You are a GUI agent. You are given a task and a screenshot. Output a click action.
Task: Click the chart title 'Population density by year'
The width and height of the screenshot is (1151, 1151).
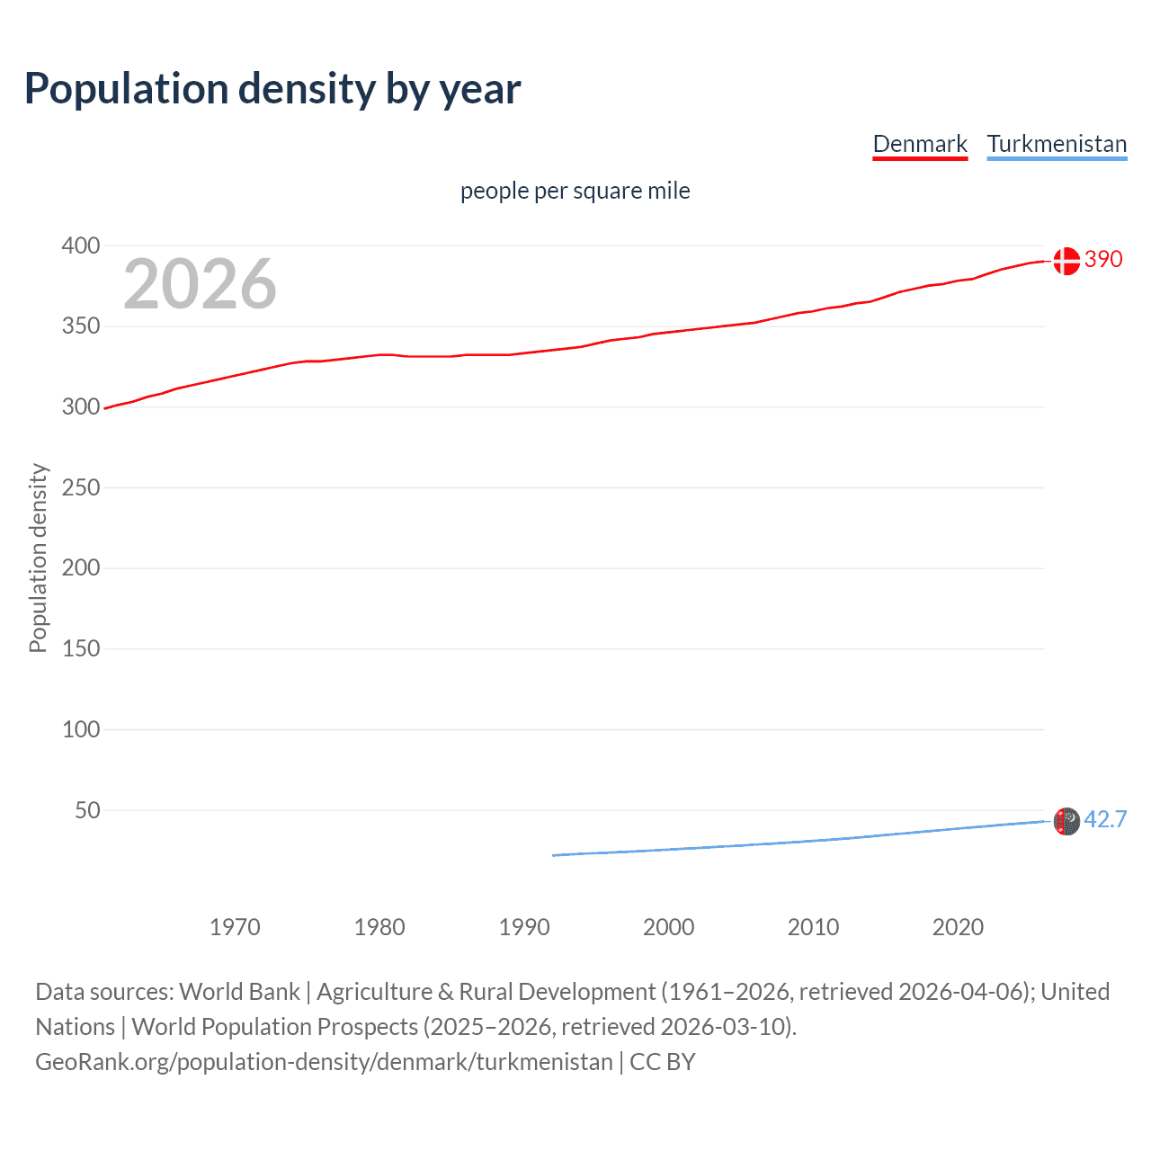tap(272, 89)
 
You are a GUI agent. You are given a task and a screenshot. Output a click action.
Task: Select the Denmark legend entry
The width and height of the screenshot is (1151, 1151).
tap(920, 144)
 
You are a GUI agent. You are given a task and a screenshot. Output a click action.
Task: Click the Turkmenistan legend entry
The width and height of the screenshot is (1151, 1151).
tap(1057, 144)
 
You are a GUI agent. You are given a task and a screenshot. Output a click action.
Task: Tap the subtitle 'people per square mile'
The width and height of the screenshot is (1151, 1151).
tap(575, 191)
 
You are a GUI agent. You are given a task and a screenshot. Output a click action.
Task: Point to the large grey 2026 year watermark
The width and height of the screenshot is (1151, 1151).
tap(200, 284)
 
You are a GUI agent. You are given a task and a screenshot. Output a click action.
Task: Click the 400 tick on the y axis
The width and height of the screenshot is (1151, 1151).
tap(81, 245)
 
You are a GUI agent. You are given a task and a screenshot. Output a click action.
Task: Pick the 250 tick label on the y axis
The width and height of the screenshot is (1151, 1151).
tap(81, 487)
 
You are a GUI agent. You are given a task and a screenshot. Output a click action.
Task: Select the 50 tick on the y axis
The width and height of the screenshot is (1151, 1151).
tap(87, 810)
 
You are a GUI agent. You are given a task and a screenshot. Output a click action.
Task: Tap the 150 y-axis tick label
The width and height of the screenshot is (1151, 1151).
tap(81, 648)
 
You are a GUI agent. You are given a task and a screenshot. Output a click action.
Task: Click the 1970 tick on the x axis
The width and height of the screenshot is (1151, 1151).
tap(235, 927)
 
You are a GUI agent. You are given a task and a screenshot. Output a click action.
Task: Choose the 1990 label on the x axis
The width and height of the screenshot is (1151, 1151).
tap(524, 927)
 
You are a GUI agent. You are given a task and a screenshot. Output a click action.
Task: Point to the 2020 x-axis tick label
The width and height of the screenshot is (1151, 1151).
tap(958, 927)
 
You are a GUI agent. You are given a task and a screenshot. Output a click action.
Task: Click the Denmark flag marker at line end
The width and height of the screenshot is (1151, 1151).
tap(1066, 261)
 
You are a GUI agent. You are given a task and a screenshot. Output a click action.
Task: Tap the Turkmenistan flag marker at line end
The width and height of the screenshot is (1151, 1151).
tap(1066, 821)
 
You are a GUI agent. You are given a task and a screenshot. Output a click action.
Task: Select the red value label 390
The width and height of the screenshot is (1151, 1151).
tap(1103, 260)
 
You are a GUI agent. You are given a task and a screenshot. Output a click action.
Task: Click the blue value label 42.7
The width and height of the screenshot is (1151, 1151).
tap(1105, 819)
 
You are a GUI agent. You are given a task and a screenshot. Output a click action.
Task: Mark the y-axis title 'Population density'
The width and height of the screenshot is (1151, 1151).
tap(38, 558)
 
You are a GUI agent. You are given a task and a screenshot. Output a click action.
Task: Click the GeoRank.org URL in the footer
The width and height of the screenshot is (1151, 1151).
tap(324, 1062)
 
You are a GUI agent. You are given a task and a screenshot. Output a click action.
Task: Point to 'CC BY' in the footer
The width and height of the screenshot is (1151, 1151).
tap(663, 1062)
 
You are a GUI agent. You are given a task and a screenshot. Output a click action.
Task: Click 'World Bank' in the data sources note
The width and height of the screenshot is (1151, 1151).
tap(239, 992)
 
